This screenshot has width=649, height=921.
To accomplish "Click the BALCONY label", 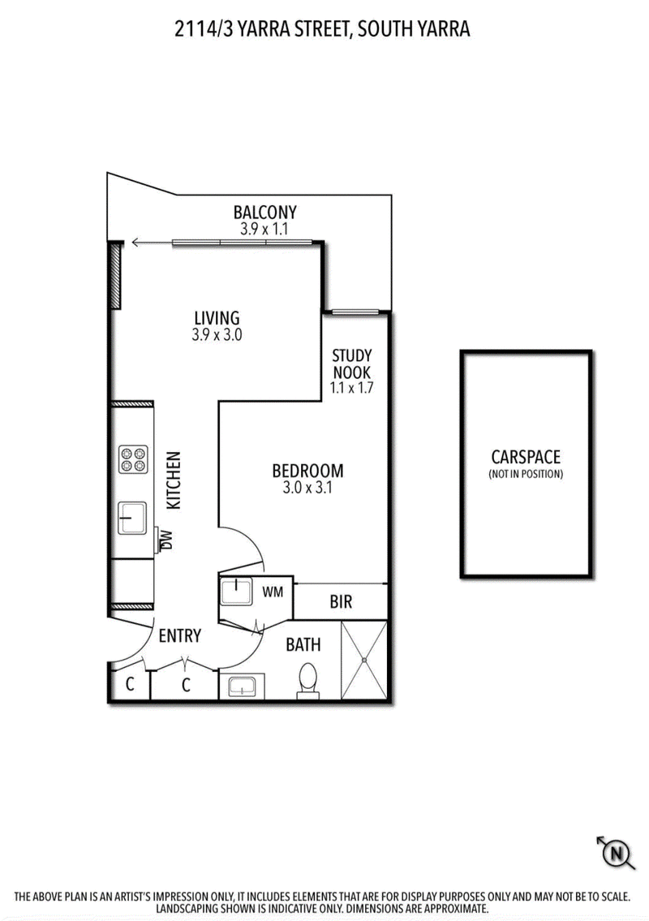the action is [x=265, y=212].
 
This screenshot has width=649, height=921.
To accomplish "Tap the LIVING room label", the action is [x=217, y=318].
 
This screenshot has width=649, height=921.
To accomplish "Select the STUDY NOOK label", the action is [x=352, y=364].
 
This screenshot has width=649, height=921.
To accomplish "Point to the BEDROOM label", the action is [x=307, y=471].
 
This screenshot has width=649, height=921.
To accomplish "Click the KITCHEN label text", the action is [x=174, y=480].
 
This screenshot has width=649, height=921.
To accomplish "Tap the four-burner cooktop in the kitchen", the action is [x=133, y=459].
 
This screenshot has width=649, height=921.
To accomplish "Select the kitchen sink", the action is [x=132, y=518].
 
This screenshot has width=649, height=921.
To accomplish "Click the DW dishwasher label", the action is [x=167, y=540].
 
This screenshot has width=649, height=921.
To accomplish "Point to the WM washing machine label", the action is [x=273, y=592].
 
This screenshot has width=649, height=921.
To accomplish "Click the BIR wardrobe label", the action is [x=341, y=601].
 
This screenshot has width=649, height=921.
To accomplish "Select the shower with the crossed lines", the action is [x=364, y=661].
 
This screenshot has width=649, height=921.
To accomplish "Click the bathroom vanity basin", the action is [x=242, y=686].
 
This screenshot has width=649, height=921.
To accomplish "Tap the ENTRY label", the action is [x=180, y=635].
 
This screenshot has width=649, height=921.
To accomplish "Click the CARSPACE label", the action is [x=526, y=456].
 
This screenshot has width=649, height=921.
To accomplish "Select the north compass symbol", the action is [x=616, y=852].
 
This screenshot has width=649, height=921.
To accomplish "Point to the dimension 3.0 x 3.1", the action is [x=307, y=488].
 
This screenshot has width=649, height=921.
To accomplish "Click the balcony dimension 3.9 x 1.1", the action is [x=264, y=229].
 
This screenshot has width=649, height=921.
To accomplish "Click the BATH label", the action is [x=303, y=645].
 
